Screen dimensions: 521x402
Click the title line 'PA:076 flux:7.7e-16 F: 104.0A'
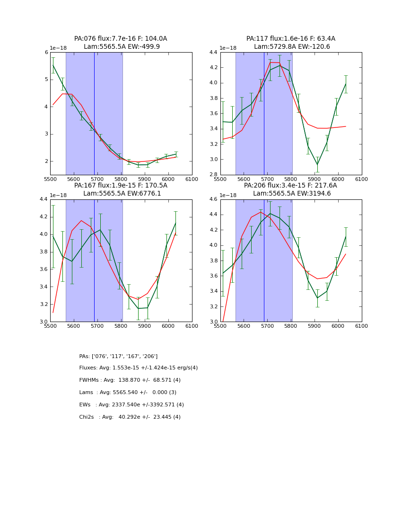pyautogui.click(x=121, y=39)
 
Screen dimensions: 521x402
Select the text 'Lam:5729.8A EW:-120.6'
pyautogui.click(x=292, y=47)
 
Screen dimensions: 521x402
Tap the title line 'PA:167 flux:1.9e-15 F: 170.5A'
pyautogui.click(x=121, y=186)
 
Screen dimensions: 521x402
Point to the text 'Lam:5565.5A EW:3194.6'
pyautogui.click(x=292, y=194)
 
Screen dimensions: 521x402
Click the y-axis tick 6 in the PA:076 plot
pyautogui.click(x=46, y=52)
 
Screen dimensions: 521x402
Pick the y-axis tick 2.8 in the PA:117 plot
pyautogui.click(x=214, y=175)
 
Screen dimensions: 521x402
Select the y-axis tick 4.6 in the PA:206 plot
pyautogui.click(x=214, y=199)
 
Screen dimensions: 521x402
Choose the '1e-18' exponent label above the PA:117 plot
pyautogui.click(x=229, y=48)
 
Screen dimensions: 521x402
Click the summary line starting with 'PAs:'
pyautogui.click(x=118, y=356)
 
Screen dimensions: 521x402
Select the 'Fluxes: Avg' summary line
pyautogui.click(x=139, y=368)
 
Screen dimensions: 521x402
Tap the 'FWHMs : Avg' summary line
pyautogui.click(x=130, y=380)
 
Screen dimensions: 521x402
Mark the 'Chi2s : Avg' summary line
pyautogui.click(x=130, y=417)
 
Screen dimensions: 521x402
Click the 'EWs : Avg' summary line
pyautogui.click(x=131, y=405)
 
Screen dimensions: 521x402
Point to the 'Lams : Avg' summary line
pyautogui.click(x=128, y=393)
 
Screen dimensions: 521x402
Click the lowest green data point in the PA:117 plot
pyautogui.click(x=317, y=165)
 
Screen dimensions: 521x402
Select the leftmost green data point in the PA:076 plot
pyautogui.click(x=53, y=65)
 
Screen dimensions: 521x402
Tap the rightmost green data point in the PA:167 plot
pyautogui.click(x=176, y=223)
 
